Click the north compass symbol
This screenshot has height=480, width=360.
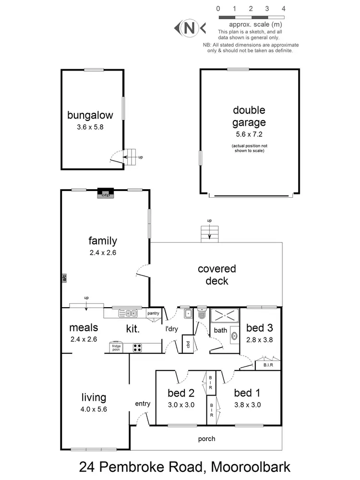point(190,28)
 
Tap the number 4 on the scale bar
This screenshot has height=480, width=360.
point(284,9)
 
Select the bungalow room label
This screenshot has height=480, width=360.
point(90,115)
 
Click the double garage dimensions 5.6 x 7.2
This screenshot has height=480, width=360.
point(249,134)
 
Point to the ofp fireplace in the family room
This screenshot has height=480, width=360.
point(105,193)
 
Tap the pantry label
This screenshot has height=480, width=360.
point(153,313)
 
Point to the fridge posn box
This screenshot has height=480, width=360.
point(117,348)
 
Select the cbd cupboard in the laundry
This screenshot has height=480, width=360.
point(188,345)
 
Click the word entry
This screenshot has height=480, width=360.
point(143,404)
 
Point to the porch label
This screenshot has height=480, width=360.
point(206,439)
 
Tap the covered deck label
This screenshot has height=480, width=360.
point(217,275)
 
